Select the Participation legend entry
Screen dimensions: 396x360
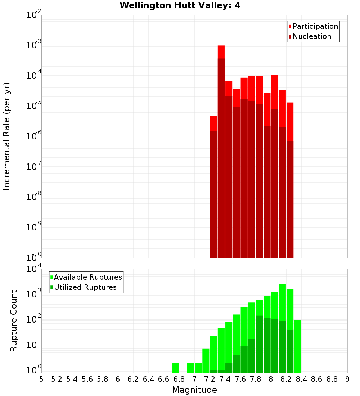315,26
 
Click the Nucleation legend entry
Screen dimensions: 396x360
311,36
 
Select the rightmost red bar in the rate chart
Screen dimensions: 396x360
290,180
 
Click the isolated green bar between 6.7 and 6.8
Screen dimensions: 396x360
175,367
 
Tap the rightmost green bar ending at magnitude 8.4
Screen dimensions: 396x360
297,346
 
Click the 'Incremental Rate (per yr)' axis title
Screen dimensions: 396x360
7,136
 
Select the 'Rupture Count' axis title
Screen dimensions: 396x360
14,320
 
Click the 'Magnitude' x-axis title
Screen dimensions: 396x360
194,390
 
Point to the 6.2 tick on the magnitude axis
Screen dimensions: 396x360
133,379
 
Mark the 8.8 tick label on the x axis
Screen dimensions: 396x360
332,379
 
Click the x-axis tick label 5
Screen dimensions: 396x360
41,379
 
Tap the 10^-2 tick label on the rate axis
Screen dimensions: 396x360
33,15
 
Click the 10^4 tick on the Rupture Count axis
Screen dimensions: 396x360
33,269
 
